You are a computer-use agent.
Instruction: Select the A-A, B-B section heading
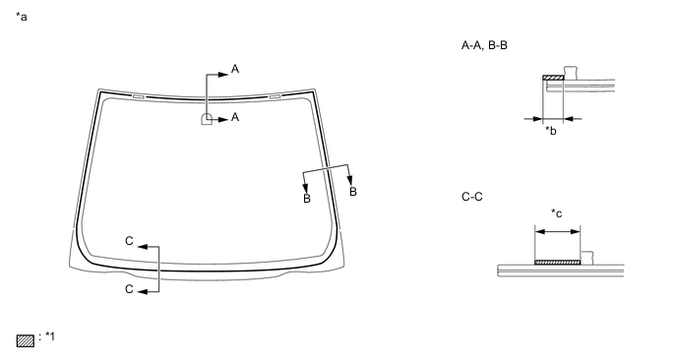[x=483, y=45]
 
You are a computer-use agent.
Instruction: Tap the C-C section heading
[x=472, y=197]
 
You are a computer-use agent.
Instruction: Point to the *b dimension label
[x=551, y=132]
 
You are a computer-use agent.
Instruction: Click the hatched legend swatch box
[x=26, y=341]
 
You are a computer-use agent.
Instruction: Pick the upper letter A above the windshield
[x=235, y=69]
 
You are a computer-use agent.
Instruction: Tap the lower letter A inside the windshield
[x=235, y=118]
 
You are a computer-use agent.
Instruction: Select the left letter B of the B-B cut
[x=306, y=199]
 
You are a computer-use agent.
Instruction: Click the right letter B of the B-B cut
[x=353, y=191]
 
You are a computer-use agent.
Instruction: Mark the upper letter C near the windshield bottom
[x=128, y=241]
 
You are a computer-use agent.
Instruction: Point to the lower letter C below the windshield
[x=128, y=290]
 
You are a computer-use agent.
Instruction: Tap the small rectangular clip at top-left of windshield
[x=138, y=96]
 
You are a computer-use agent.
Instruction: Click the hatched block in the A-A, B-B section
[x=551, y=78]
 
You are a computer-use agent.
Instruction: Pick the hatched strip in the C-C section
[x=557, y=262]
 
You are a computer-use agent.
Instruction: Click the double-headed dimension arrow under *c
[x=557, y=232]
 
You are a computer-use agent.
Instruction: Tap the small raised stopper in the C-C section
[x=587, y=257]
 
